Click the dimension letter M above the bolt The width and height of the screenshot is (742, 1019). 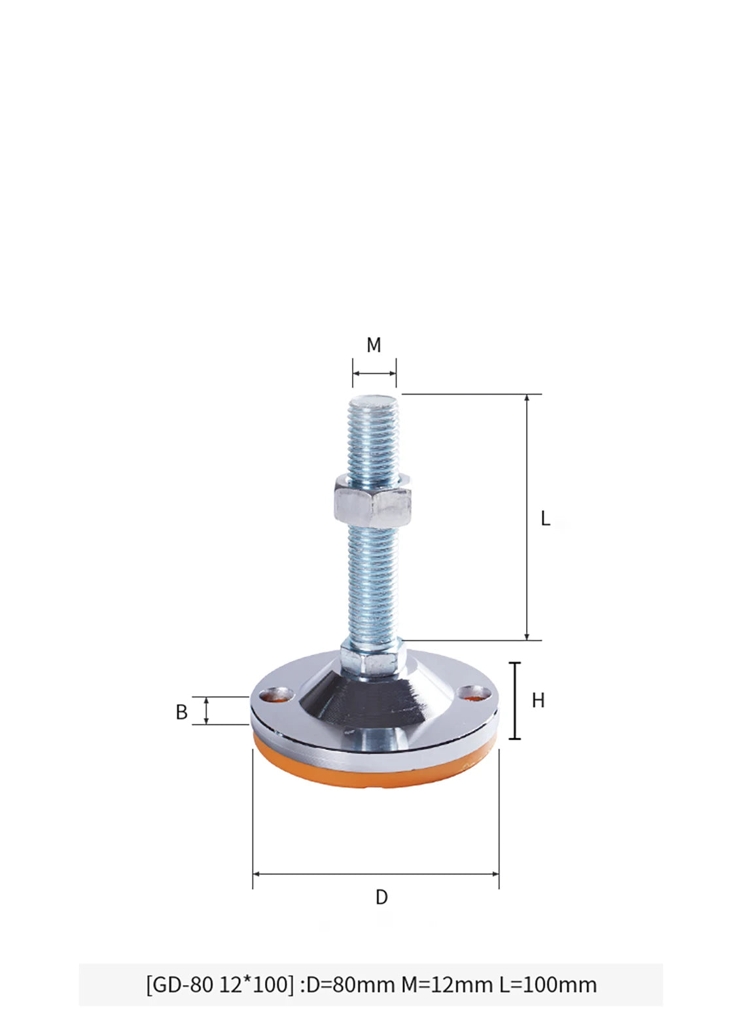374,345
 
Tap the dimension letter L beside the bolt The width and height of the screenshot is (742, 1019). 545,519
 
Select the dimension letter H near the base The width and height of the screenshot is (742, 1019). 538,701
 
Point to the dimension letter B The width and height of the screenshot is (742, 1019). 182,712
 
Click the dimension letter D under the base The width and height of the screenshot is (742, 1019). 381,897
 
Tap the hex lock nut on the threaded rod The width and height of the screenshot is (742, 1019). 374,501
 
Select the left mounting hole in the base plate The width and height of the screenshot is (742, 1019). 274,694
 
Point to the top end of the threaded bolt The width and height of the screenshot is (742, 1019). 374,398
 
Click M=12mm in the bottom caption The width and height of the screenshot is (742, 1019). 447,984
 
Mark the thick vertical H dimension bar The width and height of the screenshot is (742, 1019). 516,700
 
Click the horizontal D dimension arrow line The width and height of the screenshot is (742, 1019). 376,874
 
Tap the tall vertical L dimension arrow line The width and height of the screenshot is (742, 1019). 527,517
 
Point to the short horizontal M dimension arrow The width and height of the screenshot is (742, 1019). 374,373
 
